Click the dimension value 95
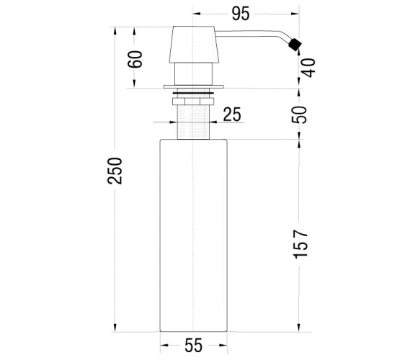241,14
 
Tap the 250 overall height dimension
115,171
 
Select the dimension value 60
135,59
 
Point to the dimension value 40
308,68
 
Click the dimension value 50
299,114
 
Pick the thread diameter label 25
232,114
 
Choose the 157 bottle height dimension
301,244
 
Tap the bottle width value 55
194,346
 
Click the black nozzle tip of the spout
295,45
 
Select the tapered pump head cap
194,45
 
